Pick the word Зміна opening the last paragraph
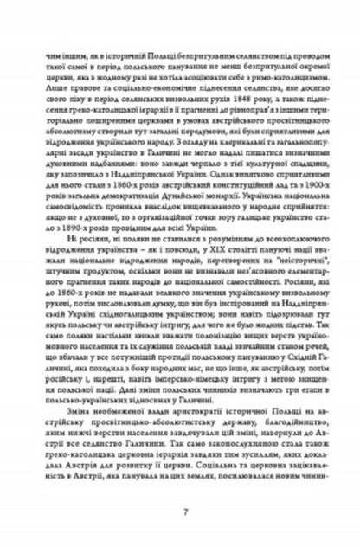(x=68, y=401)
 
